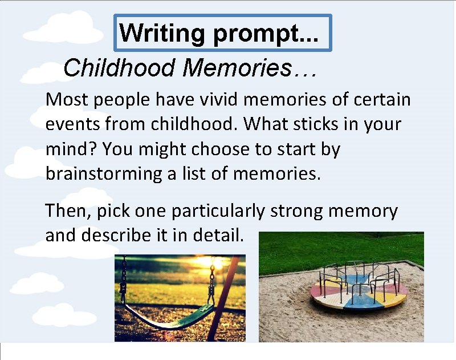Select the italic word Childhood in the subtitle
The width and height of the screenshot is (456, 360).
119,68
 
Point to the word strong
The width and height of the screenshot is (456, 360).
296,212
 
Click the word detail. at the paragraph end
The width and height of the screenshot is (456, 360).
219,235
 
